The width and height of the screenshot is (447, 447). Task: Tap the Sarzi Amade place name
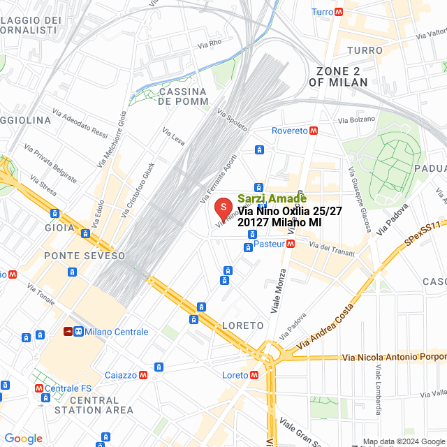[x=272, y=198]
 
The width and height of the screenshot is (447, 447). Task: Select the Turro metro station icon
[x=339, y=12]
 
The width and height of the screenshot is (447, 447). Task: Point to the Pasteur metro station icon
[x=291, y=244]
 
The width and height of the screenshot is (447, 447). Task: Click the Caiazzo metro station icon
[x=142, y=375]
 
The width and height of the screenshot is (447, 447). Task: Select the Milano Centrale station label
[x=116, y=332]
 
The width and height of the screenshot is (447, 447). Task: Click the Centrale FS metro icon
[x=39, y=388]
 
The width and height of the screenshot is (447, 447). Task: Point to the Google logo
[x=23, y=438]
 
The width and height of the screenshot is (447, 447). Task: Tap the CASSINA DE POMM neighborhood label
[x=183, y=96]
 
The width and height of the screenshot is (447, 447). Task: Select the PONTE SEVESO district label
[x=85, y=256]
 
